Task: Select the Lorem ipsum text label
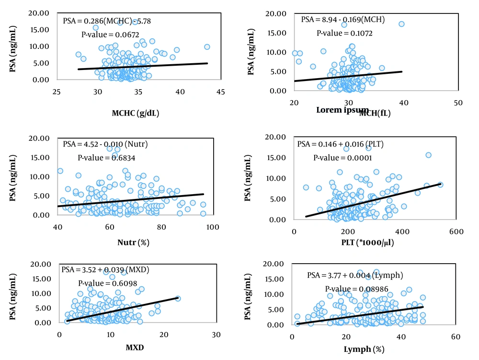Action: coord(342,110)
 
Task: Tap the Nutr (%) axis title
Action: coord(135,243)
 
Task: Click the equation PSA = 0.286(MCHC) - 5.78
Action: coord(107,21)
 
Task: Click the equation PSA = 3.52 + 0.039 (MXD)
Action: coord(105,269)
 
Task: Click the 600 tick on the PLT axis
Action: coord(456,232)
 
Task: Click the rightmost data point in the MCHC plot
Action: coord(207,47)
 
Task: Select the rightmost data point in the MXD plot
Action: coord(178,298)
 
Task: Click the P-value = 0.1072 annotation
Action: coord(344,34)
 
